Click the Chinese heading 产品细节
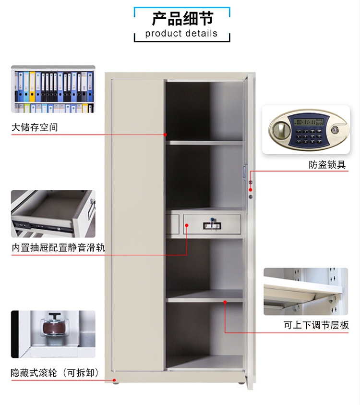click(182, 18)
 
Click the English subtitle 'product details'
click(181, 34)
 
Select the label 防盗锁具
click(327, 165)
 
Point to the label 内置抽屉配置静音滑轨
click(58, 248)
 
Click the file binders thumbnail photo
click(53, 89)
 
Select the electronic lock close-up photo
click(306, 130)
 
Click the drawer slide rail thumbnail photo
click(53, 213)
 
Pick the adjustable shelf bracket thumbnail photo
click(306, 291)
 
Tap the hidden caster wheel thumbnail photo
click(53, 334)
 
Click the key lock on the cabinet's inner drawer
click(213, 222)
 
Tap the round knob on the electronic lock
click(280, 130)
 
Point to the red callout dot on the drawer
click(187, 224)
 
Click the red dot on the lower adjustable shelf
click(225, 302)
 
